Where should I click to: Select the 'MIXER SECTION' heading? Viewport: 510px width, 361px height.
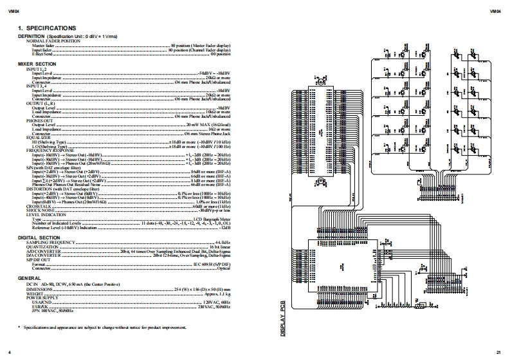[37, 64]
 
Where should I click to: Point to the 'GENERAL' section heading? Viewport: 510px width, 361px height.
[30, 277]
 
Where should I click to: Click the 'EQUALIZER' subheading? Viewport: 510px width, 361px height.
[38, 136]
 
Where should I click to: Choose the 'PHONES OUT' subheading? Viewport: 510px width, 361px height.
[39, 120]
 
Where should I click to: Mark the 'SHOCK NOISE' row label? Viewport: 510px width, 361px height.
[40, 210]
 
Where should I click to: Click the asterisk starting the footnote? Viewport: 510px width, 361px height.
[19, 328]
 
